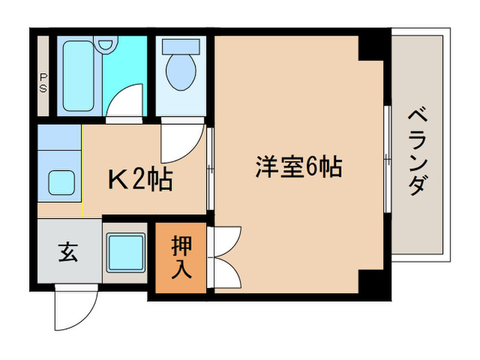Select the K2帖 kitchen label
(141, 180)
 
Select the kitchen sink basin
(65, 182)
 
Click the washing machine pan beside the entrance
(125, 252)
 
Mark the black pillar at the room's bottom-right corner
(373, 280)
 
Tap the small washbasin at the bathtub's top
(105, 45)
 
